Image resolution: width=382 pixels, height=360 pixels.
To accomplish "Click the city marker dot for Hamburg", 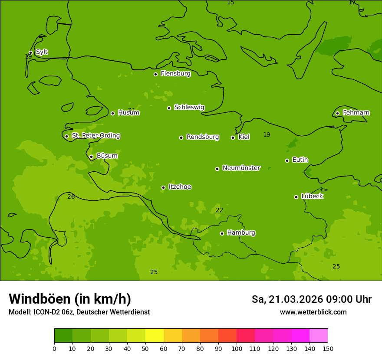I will pos(222,233).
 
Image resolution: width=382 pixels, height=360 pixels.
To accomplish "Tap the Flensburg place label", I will pos(175,74).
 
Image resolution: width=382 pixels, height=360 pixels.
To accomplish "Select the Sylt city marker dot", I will pos(30,53).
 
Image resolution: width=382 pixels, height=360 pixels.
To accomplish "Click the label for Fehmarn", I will pos(356,113).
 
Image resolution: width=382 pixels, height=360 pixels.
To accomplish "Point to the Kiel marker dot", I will pos(233,137).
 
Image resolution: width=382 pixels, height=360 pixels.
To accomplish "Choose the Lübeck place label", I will pos(312,196).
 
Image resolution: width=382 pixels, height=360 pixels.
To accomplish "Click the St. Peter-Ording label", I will pos(95,136).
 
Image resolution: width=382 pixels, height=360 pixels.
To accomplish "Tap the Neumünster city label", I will pos(241,168).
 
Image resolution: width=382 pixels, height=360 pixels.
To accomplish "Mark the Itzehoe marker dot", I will pos(163,187).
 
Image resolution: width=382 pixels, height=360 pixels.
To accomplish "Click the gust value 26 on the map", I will pos(71,197).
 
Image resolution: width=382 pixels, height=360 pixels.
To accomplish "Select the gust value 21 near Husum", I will pos(132,110).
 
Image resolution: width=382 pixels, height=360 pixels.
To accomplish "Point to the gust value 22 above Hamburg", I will pos(220,210).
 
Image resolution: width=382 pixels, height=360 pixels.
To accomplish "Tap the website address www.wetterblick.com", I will pos(313,312).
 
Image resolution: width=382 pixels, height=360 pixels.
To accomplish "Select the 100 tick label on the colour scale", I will pos(237,348).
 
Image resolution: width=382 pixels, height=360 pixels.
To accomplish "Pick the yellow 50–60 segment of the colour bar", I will pos(155,336).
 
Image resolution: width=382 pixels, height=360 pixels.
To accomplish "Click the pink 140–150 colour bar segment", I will pos(319,336).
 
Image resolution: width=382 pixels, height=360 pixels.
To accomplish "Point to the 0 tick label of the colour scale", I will pos(54,348).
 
